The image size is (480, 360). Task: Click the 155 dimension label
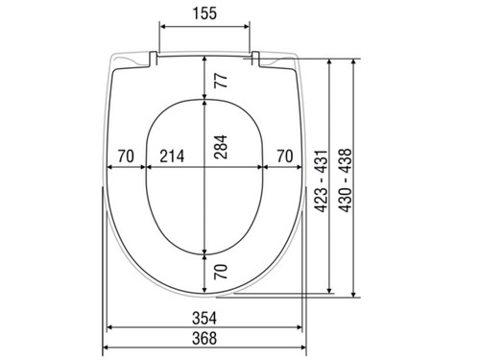(x=204, y=13)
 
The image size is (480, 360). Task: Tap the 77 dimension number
(x=221, y=81)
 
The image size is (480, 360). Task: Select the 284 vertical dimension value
(x=221, y=147)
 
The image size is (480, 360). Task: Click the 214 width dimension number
(x=172, y=156)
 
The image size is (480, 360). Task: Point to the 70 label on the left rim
(x=126, y=156)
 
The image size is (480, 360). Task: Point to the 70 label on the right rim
(x=285, y=156)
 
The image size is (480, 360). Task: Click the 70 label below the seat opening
(x=221, y=272)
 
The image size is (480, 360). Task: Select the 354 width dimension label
(x=204, y=318)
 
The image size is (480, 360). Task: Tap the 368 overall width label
(x=204, y=338)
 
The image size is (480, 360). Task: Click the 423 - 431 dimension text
(x=322, y=180)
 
